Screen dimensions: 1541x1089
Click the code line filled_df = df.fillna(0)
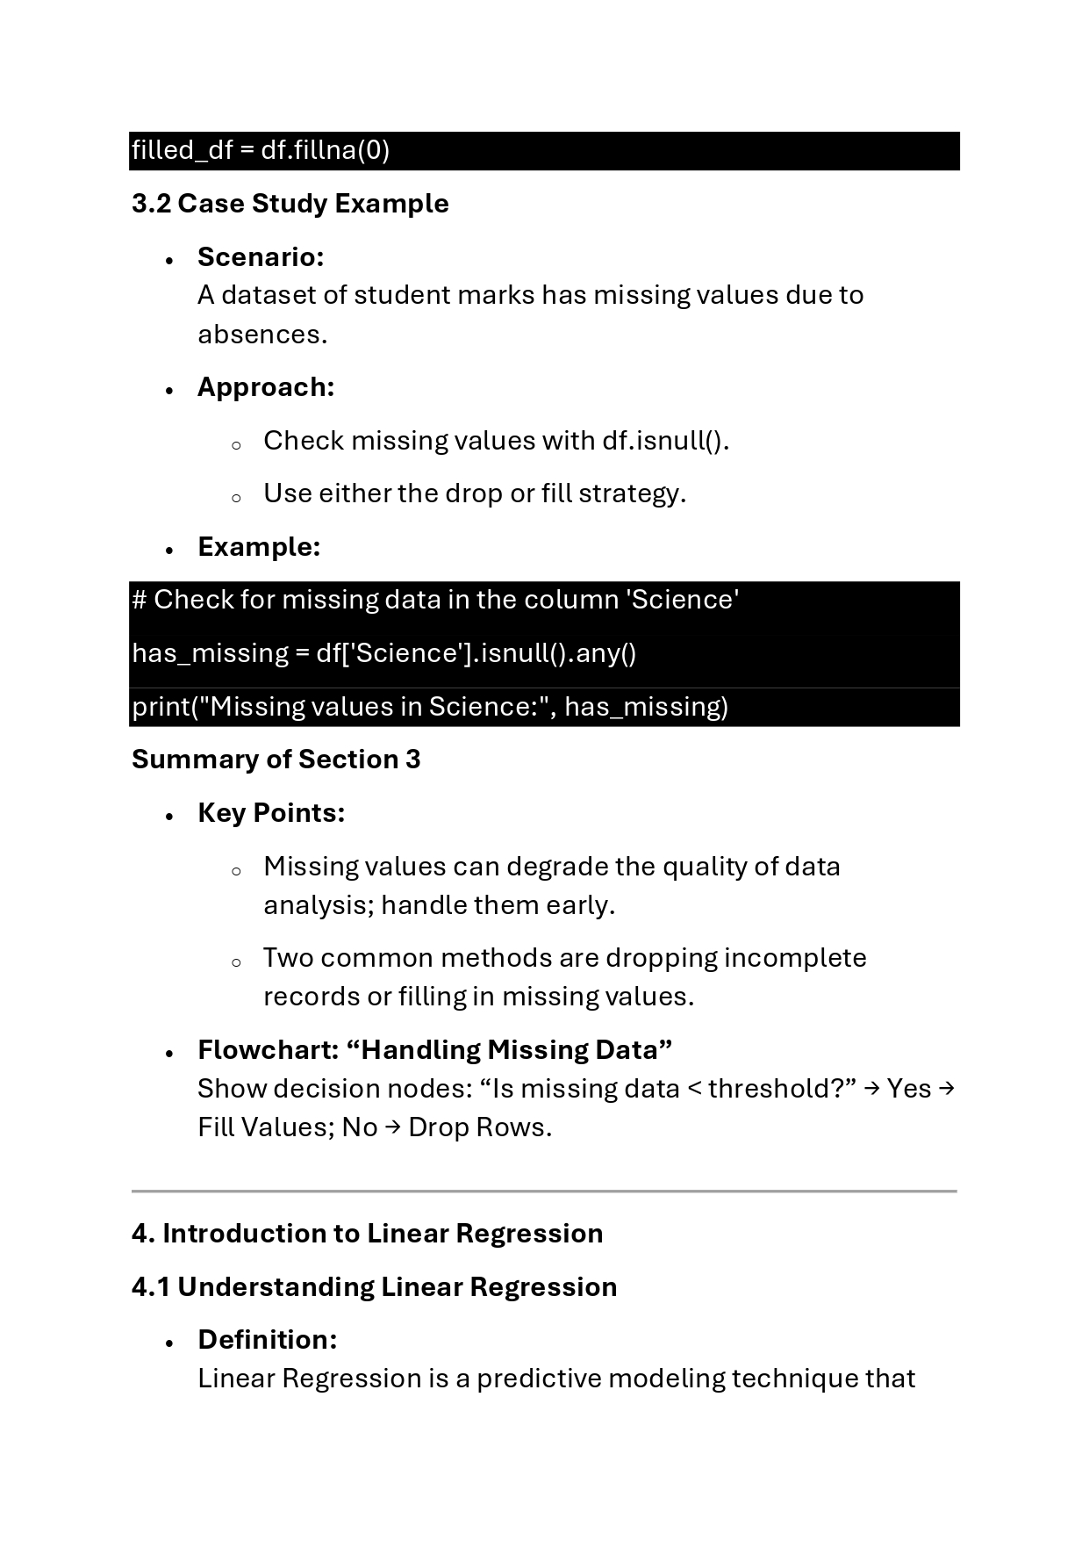click(261, 151)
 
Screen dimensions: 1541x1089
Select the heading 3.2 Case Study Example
click(290, 204)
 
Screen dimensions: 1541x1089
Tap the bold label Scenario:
click(261, 257)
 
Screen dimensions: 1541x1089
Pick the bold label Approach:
click(266, 387)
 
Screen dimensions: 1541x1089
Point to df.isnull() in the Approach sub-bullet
click(663, 441)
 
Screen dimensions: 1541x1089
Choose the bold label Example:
click(259, 547)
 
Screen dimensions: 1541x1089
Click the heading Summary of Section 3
click(276, 760)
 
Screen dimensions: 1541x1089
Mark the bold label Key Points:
click(271, 813)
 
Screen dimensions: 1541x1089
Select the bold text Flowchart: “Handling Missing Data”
click(434, 1050)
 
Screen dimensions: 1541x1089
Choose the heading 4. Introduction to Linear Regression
click(367, 1234)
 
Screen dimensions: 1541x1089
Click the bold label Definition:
click(267, 1340)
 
